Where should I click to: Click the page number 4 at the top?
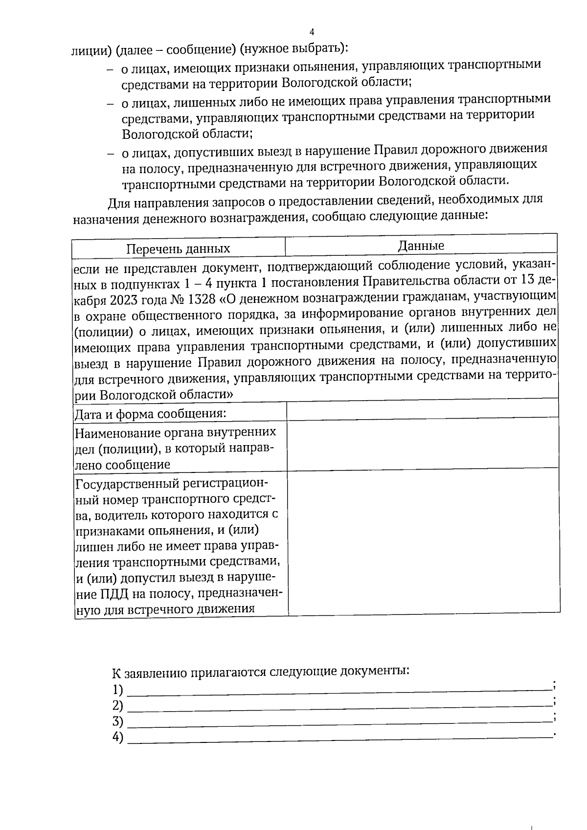pos(312,32)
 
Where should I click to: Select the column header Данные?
pos(421,246)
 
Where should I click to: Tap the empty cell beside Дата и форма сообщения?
pos(423,410)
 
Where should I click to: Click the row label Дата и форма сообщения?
pos(150,414)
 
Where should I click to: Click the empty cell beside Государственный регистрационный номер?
pos(424,541)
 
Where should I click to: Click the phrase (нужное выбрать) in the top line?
pos(295,49)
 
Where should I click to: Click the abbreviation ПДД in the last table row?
pos(102,594)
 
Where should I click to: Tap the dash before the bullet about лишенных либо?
pos(111,104)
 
